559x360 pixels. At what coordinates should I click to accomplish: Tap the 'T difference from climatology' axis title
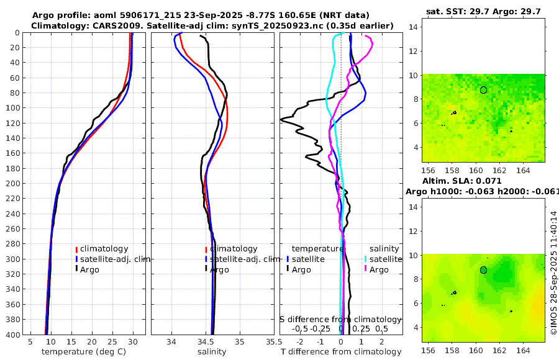pos(341,352)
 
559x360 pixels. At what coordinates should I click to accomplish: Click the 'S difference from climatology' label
pos(340,318)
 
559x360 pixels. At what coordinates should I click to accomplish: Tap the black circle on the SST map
pos(483,90)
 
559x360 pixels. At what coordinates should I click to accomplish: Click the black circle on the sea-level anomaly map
pos(483,270)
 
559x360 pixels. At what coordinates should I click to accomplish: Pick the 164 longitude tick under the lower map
pos(523,349)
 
